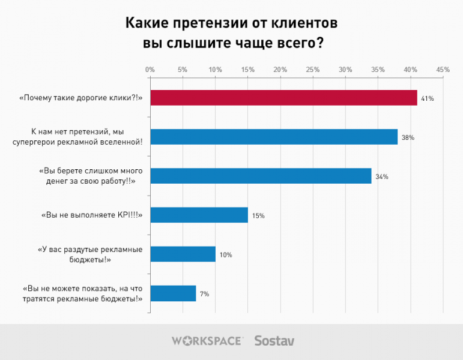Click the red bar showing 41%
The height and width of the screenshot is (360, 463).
(283, 98)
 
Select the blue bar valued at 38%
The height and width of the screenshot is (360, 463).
(274, 137)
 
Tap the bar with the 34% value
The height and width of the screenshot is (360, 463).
(261, 176)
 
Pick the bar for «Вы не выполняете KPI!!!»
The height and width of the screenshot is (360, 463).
(199, 215)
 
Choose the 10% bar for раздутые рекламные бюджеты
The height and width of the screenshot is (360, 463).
(183, 254)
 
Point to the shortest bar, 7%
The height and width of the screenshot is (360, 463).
(173, 293)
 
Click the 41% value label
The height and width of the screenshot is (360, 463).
(428, 98)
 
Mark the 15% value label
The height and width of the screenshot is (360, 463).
(258, 215)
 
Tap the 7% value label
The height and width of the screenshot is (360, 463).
(204, 294)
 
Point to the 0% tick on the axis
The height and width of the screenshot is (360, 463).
(150, 70)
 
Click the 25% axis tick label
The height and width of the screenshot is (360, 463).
(313, 70)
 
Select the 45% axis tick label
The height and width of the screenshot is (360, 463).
(443, 70)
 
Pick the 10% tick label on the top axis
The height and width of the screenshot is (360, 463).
(215, 70)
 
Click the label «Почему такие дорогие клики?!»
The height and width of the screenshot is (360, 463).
(81, 98)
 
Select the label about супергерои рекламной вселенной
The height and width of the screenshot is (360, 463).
(86, 137)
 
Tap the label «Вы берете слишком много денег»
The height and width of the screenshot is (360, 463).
(90, 176)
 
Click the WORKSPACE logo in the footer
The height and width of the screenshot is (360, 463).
(207, 341)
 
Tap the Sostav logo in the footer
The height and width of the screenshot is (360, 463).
(274, 341)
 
